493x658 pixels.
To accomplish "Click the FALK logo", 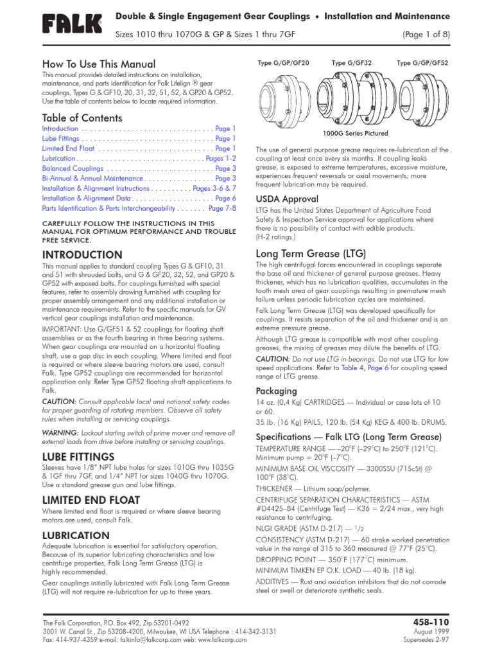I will point(72,25).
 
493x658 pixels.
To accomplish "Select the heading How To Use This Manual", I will point(98,64).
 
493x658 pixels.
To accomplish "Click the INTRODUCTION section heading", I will point(82,255).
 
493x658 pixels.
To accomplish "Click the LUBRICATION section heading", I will point(76,535).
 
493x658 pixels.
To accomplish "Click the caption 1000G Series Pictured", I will point(355,134).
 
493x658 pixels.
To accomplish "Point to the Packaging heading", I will point(277,391).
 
